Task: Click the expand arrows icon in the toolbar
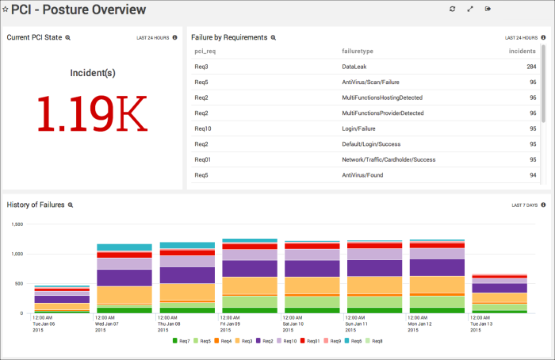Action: (x=470, y=10)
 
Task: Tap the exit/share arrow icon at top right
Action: (x=488, y=10)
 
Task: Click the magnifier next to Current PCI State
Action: (x=67, y=37)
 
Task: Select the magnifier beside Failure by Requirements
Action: (x=274, y=37)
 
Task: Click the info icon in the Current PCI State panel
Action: (x=174, y=37)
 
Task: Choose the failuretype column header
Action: (x=359, y=52)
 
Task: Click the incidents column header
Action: (x=522, y=52)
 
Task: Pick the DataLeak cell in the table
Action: (x=354, y=67)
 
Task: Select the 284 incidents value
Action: (x=531, y=67)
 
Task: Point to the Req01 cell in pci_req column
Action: (x=203, y=159)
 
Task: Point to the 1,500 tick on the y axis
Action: (x=16, y=224)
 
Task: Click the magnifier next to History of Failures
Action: (x=71, y=205)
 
